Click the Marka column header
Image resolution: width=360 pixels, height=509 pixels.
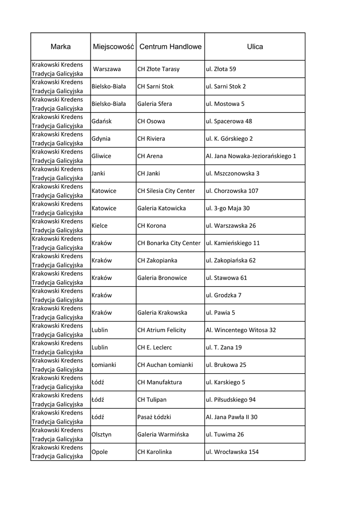pos(61,47)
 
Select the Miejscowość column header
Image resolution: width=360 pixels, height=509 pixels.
pos(113,47)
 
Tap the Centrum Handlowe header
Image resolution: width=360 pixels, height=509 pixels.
pos(171,47)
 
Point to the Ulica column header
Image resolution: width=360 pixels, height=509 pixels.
pos(255,47)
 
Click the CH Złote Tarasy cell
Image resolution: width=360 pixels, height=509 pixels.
pos(158,69)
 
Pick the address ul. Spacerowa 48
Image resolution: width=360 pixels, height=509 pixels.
pos(229,121)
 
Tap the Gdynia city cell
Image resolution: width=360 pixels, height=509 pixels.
pos(101,139)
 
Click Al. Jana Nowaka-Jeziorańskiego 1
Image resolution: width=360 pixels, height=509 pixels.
pos(251,156)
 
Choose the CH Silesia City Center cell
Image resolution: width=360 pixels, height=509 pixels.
pos(166,191)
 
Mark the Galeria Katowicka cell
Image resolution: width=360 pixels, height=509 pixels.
pos(161,208)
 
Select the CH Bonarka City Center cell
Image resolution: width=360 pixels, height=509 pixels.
pos(169,243)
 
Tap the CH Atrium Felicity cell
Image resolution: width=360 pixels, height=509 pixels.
pos(161,330)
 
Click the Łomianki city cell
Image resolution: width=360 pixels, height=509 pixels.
pos(103,365)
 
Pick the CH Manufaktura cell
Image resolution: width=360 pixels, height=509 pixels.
pos(159,382)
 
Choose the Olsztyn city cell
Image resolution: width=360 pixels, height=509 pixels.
pos(101,434)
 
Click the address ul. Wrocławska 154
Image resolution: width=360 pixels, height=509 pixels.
pos(232,452)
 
